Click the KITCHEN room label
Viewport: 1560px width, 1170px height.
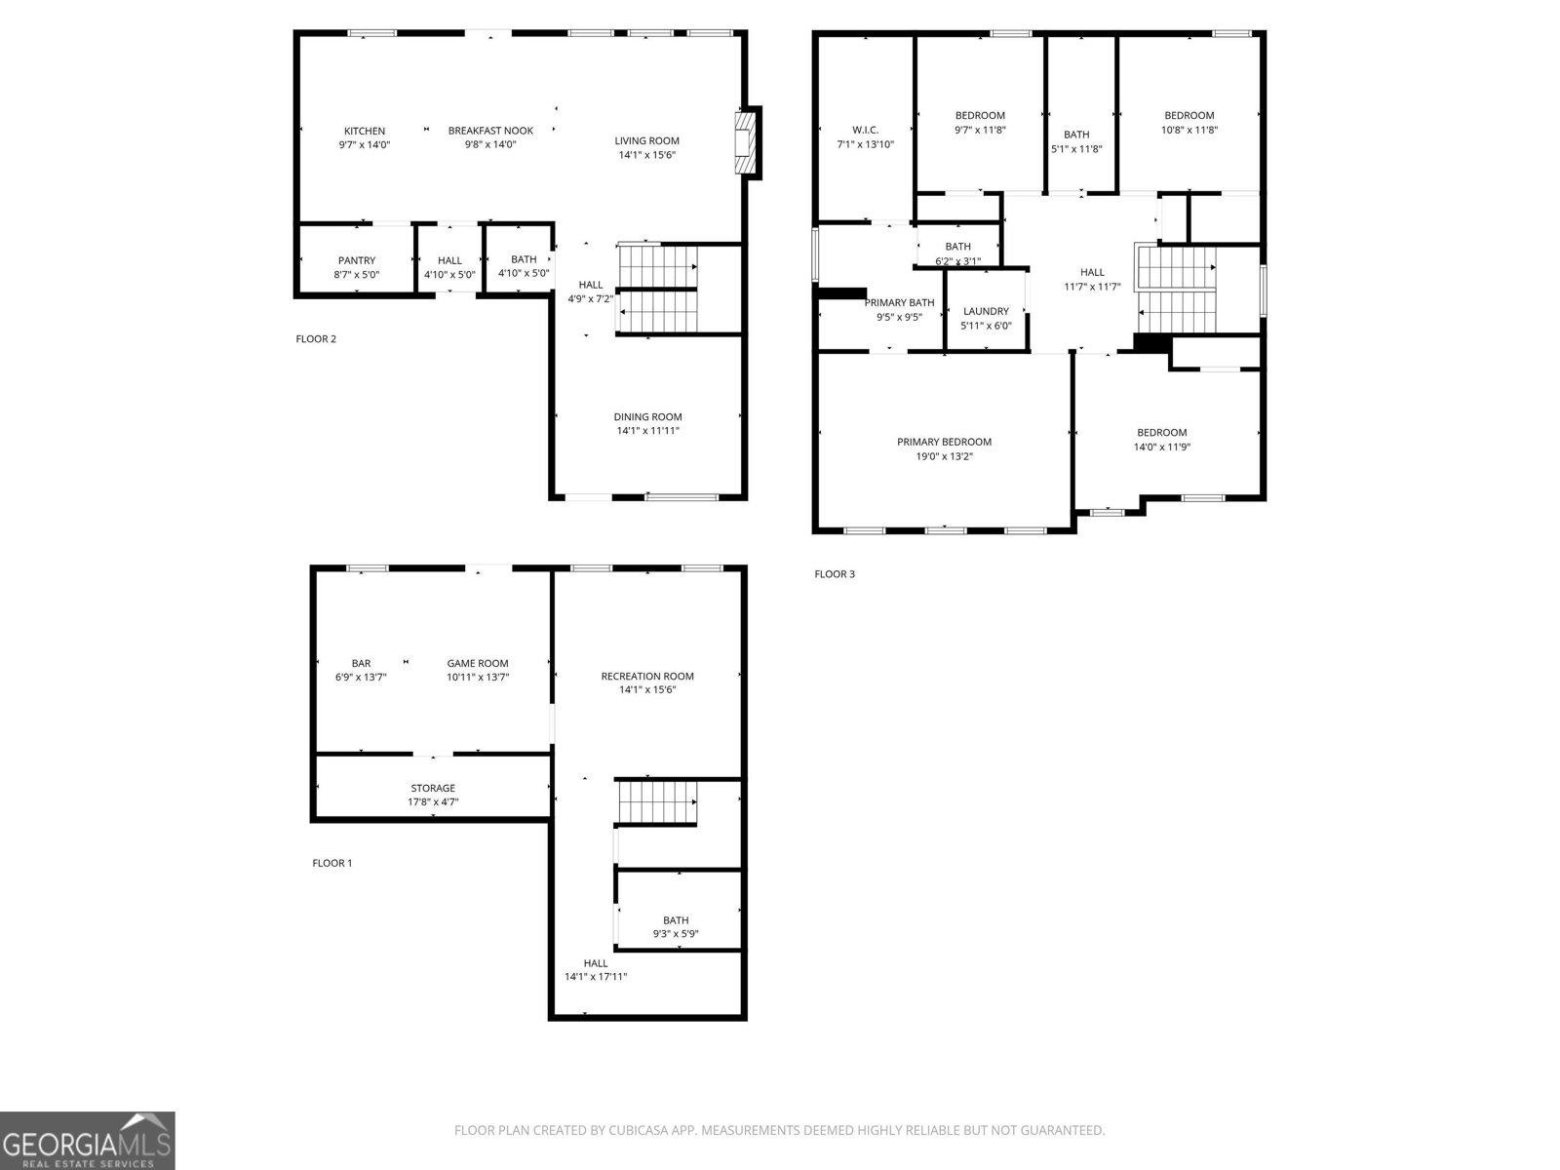coord(364,131)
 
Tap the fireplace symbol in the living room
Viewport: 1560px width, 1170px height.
coord(746,143)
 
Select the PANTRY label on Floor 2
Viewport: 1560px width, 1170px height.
coord(357,260)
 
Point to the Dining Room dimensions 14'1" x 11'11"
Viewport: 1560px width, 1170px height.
coord(647,430)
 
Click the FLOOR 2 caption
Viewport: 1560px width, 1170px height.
coord(316,339)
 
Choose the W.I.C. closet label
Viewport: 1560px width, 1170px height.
coord(865,130)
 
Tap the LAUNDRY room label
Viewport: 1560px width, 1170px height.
coord(986,312)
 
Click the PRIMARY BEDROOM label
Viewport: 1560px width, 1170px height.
coord(944,442)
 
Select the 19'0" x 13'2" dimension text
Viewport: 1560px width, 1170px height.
coord(944,456)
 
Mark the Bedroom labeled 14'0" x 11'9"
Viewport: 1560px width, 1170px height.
coord(1161,433)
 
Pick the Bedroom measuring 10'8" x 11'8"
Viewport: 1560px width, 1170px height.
coord(1189,116)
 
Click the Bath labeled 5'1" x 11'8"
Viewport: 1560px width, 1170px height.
coord(1076,135)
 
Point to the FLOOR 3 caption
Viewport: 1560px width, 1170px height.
coord(835,574)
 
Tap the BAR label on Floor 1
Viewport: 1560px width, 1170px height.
coord(361,664)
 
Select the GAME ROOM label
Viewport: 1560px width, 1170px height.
coord(478,664)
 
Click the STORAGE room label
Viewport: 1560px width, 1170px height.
coord(432,788)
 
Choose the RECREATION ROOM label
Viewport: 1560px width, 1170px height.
coord(647,677)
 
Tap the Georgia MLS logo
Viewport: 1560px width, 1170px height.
coord(87,1141)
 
